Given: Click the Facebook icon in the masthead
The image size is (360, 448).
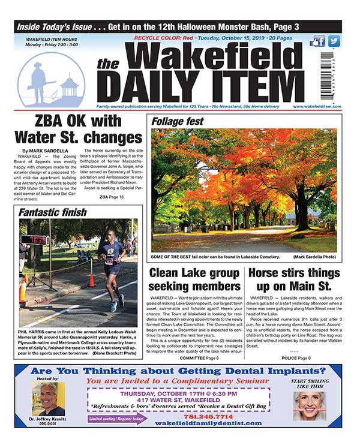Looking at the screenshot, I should [317, 41].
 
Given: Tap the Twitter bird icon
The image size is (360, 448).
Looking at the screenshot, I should [334, 41].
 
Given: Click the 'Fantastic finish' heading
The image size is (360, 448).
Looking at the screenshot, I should [52, 212].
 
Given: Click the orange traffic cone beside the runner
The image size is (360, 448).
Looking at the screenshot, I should [91, 279].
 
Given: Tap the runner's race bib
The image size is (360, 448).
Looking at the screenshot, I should [109, 261].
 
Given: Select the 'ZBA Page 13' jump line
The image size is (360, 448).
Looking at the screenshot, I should [111, 197].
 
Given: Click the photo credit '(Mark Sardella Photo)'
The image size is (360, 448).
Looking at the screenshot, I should [314, 257].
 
